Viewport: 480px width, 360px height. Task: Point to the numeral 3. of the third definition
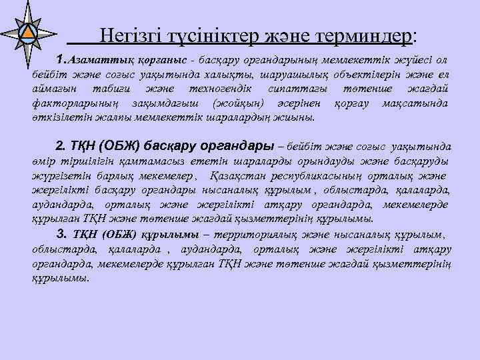63,233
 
